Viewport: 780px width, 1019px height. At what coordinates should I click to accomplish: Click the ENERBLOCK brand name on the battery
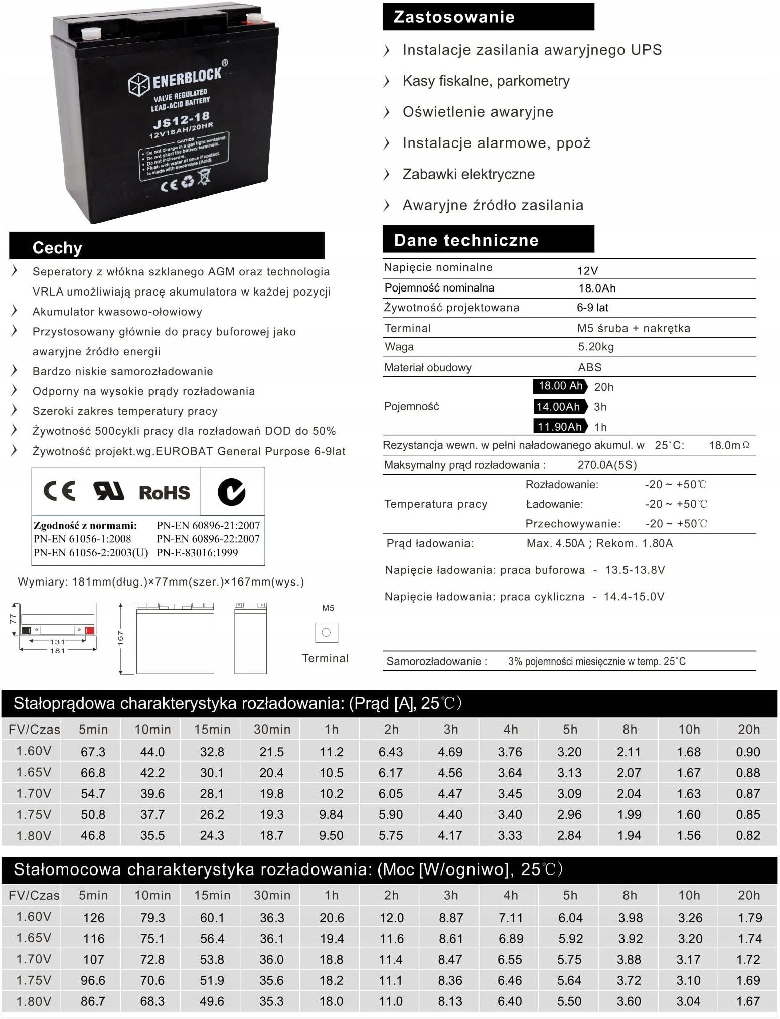(186, 78)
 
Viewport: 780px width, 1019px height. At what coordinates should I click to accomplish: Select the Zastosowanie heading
(454, 17)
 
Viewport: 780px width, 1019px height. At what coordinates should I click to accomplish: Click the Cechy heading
(57, 247)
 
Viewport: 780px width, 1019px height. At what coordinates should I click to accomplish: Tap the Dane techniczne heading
(466, 240)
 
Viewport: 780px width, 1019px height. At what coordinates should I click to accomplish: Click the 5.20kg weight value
(596, 347)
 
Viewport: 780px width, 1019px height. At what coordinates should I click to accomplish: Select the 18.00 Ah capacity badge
(561, 386)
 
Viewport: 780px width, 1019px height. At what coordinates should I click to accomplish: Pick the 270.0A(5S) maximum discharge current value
(607, 465)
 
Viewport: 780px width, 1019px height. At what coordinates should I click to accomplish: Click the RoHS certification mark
(165, 493)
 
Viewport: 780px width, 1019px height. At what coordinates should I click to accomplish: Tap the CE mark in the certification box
(59, 491)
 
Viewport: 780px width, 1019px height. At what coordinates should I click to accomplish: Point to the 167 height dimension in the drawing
(120, 638)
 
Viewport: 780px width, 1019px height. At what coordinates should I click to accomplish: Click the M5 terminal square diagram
(326, 632)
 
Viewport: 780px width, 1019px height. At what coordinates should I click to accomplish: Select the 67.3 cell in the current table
(93, 752)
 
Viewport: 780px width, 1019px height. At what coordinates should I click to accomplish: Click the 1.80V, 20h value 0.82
(748, 835)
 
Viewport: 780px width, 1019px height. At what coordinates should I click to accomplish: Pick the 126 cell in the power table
(93, 918)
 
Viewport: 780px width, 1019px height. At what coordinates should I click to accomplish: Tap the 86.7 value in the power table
(93, 1001)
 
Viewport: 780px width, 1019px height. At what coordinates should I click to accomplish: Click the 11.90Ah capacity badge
(560, 427)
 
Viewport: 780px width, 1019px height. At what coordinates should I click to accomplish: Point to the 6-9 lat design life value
(592, 308)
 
